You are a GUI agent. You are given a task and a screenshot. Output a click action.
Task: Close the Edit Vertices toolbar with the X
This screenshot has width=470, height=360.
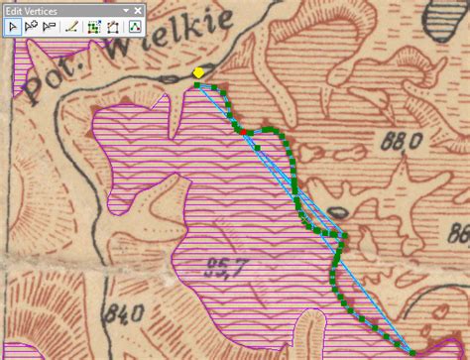137,8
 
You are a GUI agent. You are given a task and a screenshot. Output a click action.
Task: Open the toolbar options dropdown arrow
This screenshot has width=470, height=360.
126,8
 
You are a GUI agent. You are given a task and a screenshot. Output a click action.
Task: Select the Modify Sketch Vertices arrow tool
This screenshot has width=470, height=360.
12,27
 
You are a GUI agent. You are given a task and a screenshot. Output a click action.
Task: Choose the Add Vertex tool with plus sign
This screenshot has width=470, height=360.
31,27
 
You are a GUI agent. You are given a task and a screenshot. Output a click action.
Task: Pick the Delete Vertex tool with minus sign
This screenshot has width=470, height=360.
50,27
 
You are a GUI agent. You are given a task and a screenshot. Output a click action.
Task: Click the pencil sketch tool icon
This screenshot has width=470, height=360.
72,27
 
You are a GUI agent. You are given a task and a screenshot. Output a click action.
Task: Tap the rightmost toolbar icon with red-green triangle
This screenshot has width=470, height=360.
133,27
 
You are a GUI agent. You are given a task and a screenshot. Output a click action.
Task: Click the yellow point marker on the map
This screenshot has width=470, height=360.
198,72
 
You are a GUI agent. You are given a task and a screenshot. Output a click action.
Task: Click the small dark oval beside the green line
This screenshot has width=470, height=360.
337,212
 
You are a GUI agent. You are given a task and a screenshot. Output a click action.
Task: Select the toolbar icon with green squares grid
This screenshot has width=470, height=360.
94,27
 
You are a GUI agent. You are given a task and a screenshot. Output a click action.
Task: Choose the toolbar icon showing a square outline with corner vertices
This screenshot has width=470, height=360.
112,27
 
